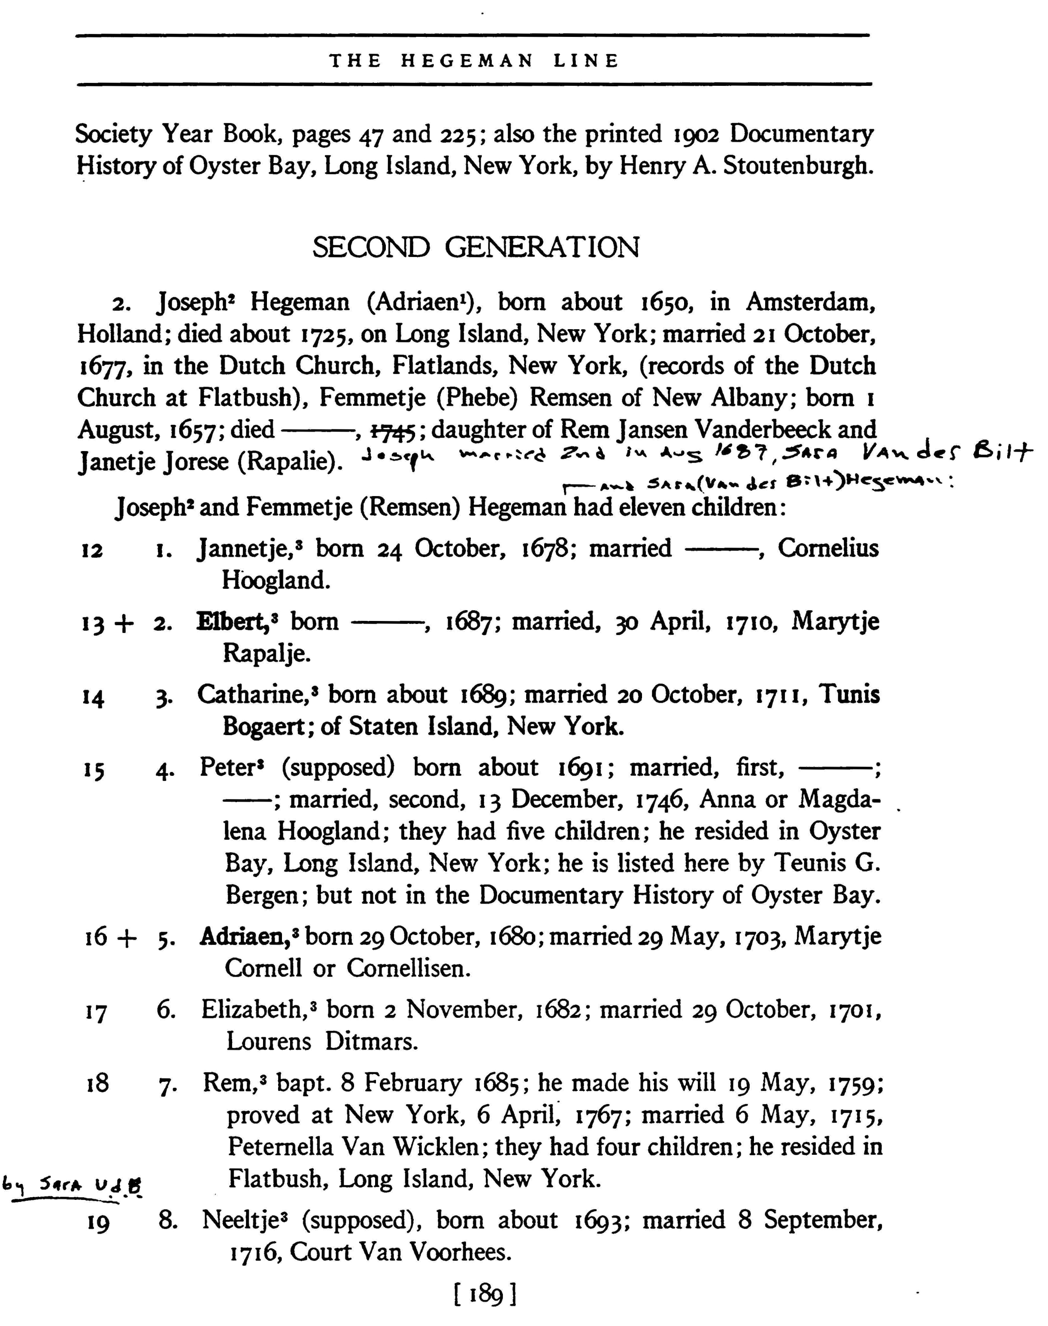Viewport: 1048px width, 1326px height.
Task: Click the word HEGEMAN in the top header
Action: (467, 61)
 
